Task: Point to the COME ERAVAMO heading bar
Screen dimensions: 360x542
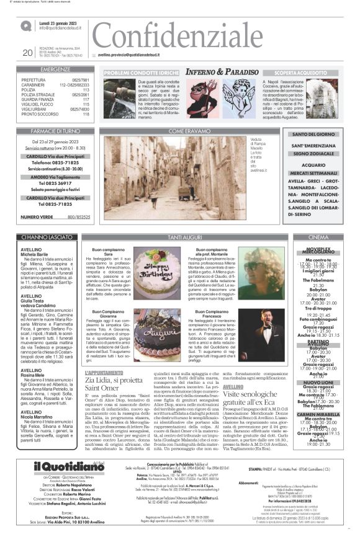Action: point(189,131)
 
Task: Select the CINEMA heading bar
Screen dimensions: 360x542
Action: point(318,238)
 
